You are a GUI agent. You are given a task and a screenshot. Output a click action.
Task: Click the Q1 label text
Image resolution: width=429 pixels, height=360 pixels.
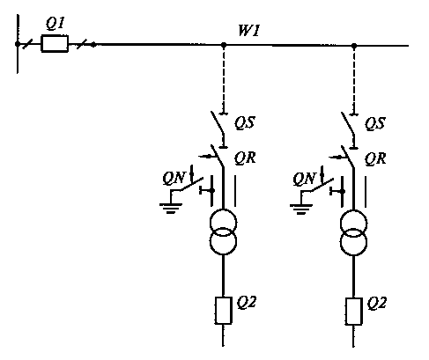[55, 24]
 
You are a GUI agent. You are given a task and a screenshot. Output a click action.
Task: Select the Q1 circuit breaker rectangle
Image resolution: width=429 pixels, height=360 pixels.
[55, 44]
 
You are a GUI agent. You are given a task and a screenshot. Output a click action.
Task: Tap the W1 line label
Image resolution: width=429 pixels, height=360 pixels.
[249, 31]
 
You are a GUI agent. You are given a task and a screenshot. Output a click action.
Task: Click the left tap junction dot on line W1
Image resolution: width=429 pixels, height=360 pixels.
[224, 45]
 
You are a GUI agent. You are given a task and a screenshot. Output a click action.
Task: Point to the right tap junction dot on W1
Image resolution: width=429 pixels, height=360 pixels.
[354, 46]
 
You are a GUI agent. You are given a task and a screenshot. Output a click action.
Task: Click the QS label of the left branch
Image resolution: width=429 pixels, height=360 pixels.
[245, 122]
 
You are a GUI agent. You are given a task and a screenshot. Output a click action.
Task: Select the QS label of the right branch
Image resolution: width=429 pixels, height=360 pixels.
[375, 123]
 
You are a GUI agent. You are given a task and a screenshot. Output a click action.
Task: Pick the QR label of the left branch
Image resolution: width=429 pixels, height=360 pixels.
[245, 158]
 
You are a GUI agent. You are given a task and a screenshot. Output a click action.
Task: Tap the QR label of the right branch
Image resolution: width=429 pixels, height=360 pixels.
[375, 158]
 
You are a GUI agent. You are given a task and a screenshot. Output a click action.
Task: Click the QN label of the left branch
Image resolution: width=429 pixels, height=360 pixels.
[174, 178]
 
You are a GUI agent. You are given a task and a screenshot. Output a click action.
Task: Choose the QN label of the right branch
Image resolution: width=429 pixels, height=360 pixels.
[304, 179]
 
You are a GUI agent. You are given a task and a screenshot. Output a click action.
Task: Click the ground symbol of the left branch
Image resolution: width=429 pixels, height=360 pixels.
[171, 209]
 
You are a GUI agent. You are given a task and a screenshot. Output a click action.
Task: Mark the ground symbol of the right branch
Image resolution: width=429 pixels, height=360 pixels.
[301, 209]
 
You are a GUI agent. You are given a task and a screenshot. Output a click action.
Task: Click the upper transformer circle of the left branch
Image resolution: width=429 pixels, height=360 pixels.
[223, 210]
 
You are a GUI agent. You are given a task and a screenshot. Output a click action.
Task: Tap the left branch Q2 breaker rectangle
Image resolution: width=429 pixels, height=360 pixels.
[223, 311]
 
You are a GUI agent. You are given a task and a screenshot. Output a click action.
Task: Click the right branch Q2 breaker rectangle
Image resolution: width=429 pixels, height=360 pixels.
[353, 312]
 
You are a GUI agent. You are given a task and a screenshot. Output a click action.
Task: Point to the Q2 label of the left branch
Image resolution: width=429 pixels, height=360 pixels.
[247, 303]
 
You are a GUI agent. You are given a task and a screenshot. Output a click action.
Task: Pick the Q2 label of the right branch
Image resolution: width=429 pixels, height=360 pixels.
[377, 304]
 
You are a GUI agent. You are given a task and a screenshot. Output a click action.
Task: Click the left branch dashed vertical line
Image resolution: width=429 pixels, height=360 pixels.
[224, 79]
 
